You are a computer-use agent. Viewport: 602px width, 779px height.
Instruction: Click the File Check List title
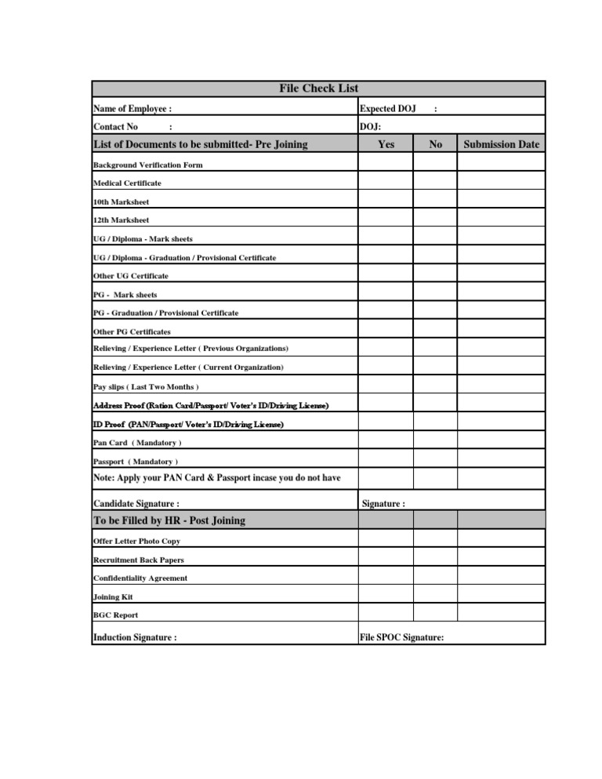coord(319,89)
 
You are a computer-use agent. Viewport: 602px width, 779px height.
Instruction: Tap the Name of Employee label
coord(132,108)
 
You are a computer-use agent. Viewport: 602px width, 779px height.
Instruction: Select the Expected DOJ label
coord(387,108)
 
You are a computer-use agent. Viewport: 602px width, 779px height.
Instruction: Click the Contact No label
coord(116,126)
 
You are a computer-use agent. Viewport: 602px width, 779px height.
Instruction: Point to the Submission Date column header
coord(502,144)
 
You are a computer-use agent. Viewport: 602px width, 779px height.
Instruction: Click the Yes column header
coord(386,144)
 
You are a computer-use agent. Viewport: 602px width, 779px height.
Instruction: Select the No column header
coord(436,144)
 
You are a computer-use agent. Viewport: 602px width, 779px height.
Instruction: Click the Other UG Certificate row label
coord(131,276)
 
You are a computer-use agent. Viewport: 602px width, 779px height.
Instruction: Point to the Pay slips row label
coord(146,387)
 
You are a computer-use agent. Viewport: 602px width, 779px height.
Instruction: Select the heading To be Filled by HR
coord(169,520)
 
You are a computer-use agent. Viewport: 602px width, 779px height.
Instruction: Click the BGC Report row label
coord(116,615)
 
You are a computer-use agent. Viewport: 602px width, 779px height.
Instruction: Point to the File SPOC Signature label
coord(402,637)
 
